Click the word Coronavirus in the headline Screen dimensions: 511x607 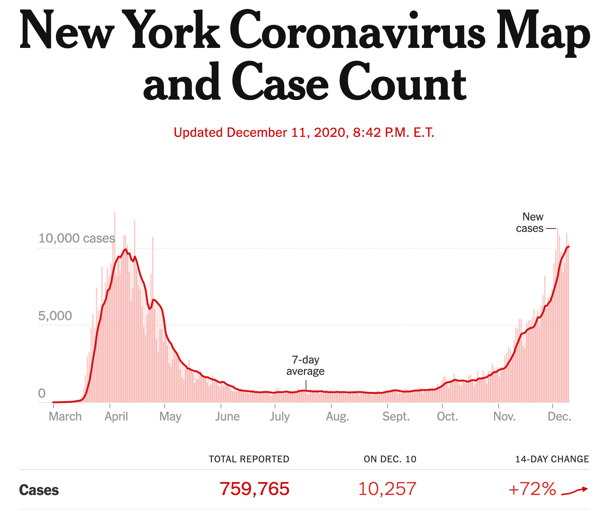[x=358, y=30]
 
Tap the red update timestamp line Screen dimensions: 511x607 [x=303, y=132]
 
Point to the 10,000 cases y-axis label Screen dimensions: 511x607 [x=76, y=238]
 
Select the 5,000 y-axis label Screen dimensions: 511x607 [x=55, y=316]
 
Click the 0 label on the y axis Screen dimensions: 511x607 [x=42, y=393]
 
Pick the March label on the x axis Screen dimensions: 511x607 [x=65, y=416]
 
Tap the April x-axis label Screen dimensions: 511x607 [x=116, y=416]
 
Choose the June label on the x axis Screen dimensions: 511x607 [x=227, y=416]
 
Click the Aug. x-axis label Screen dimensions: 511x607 [x=337, y=416]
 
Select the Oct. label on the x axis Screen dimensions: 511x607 [x=447, y=416]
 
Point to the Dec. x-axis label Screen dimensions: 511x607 [x=559, y=416]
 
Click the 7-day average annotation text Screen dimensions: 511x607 [x=305, y=365]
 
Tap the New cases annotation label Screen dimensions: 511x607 [x=530, y=222]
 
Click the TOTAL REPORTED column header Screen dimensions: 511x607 [x=249, y=459]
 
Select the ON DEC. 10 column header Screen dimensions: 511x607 [x=390, y=459]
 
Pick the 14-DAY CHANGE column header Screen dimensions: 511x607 [x=552, y=459]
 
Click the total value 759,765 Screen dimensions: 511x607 [x=254, y=489]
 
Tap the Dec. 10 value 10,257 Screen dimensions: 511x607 [x=387, y=489]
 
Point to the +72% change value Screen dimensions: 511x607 [x=532, y=489]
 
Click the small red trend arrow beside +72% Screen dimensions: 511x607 [x=575, y=491]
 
